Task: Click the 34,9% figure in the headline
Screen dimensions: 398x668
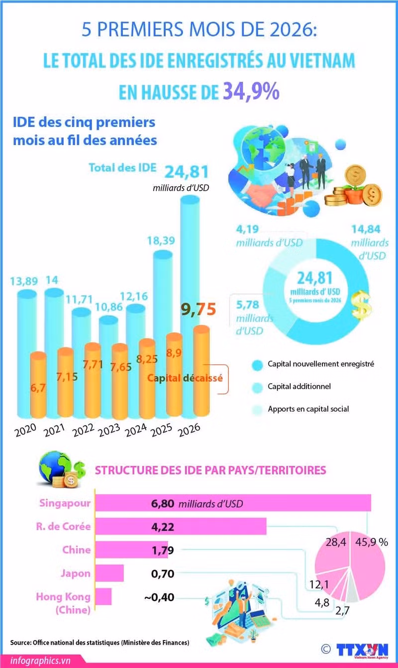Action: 251,91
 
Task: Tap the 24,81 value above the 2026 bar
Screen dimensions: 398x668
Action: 187,172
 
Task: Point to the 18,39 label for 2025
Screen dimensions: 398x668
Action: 161,240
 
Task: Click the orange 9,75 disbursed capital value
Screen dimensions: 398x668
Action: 199,309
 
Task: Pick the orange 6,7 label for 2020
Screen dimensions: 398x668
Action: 38,388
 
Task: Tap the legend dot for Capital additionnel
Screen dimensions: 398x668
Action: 257,387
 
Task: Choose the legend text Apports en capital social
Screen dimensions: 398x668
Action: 308,409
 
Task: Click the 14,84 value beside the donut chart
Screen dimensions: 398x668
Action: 366,229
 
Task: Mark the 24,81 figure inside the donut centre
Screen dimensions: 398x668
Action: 315,278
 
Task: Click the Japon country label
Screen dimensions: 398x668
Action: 76,573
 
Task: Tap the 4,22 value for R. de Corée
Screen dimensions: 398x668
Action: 163,527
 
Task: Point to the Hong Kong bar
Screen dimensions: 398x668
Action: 103,596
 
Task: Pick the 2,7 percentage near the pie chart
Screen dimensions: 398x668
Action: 342,611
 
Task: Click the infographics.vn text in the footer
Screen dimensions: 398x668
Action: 40,661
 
